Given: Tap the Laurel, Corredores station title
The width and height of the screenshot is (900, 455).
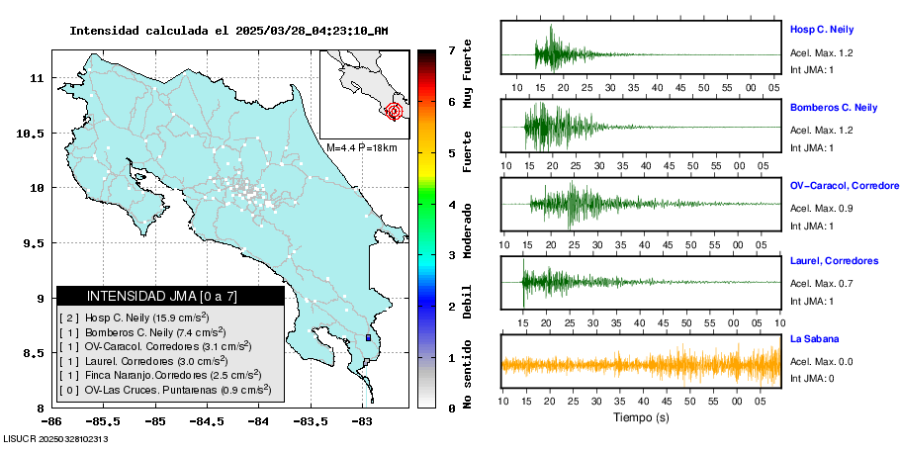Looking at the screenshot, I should click(x=834, y=261).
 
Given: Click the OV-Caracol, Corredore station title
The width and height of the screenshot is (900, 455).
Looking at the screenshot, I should click(x=844, y=186).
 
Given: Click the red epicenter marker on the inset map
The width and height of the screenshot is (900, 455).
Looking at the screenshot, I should click(x=395, y=111).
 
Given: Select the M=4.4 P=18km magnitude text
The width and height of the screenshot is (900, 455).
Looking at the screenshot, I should click(x=361, y=148).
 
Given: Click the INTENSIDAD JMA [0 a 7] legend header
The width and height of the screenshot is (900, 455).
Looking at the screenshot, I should click(x=169, y=296).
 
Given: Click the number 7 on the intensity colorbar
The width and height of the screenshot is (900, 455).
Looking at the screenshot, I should click(x=451, y=49).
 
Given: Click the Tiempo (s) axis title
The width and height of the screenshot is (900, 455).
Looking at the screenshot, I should click(x=640, y=418).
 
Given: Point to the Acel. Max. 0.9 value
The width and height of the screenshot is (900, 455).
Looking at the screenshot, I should click(x=821, y=208).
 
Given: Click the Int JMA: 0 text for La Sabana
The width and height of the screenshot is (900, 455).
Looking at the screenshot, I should click(x=812, y=379).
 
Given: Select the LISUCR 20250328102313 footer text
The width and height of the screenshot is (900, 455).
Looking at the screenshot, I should click(x=55, y=438).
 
